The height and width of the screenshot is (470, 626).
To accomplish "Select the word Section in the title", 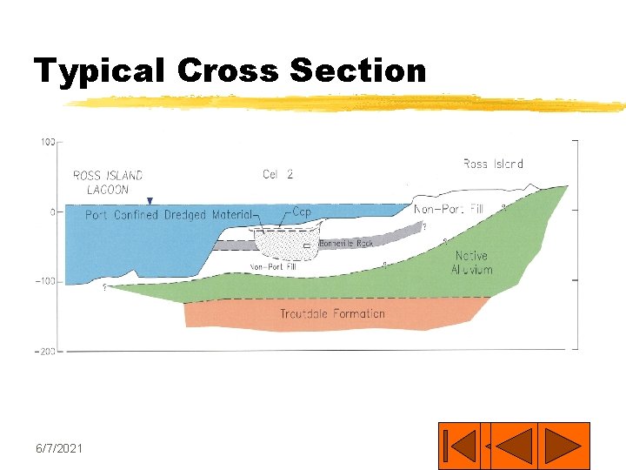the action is tap(357, 70).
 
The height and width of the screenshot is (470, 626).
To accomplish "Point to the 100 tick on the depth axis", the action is tap(48, 141).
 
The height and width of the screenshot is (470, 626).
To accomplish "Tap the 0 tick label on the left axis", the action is tap(52, 211).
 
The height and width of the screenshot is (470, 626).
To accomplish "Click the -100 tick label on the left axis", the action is tap(45, 281).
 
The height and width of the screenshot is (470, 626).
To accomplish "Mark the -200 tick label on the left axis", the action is tap(45, 351).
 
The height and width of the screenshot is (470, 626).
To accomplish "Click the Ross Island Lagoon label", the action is tap(108, 183).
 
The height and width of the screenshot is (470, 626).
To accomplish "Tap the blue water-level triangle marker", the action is tap(150, 201).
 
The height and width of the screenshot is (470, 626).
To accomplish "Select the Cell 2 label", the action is tap(277, 174).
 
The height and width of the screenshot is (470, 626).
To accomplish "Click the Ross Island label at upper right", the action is tap(493, 164).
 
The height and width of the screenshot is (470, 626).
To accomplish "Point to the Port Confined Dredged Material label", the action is tap(169, 215).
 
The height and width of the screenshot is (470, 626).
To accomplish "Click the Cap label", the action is tap(302, 212).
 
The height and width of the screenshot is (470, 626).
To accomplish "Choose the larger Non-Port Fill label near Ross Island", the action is tap(449, 209).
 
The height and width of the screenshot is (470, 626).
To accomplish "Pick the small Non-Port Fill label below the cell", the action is tap(273, 267).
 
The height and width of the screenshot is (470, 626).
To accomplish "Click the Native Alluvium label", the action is tap(471, 263).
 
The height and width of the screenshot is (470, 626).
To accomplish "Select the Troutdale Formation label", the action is tap(332, 313).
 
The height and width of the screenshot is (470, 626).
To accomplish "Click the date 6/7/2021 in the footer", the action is tap(59, 447).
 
